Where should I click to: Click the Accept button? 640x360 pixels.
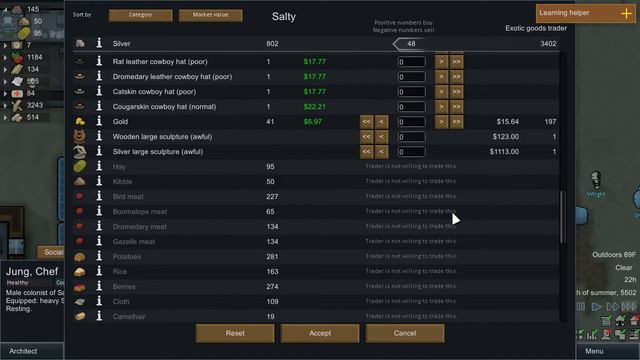point(320,332)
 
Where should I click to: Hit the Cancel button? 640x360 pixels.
point(405,332)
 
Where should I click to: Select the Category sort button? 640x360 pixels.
point(140,16)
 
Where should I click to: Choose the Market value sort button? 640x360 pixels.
point(210,16)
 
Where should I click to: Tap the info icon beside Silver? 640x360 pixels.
point(99,44)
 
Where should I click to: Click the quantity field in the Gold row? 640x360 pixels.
point(412,121)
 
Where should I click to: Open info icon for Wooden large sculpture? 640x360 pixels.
point(99,136)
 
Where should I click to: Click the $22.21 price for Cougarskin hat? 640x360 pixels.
point(315,106)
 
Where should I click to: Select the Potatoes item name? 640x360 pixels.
point(128,257)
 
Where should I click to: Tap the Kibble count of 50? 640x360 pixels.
point(270,182)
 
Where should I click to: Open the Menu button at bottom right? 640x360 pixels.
point(594,351)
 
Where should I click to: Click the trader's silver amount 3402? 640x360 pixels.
point(548,44)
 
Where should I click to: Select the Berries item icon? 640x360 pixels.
point(80,287)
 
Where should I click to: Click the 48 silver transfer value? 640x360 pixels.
point(411,44)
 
